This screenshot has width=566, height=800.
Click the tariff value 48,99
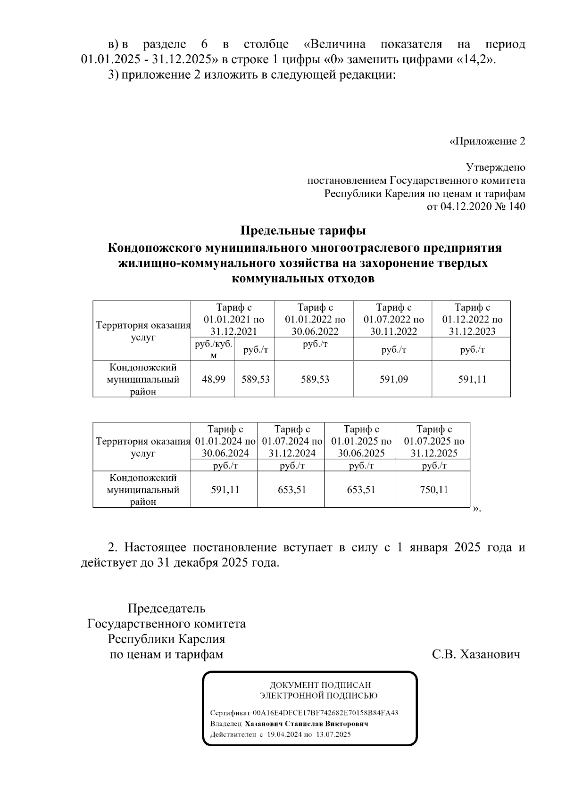tap(213, 379)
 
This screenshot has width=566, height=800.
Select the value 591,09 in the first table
tap(393, 379)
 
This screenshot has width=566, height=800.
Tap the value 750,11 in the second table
tap(433, 490)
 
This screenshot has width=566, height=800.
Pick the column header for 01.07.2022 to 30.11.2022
tap(393, 319)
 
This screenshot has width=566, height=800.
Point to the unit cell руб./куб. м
tap(213, 349)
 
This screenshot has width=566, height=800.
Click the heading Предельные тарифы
tap(303, 231)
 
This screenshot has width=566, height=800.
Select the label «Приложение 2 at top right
tap(487, 141)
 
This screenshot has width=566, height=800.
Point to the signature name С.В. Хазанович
tap(476, 654)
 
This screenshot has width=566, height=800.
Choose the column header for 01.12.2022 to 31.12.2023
tap(472, 319)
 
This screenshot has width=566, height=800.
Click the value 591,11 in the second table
tap(225, 490)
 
